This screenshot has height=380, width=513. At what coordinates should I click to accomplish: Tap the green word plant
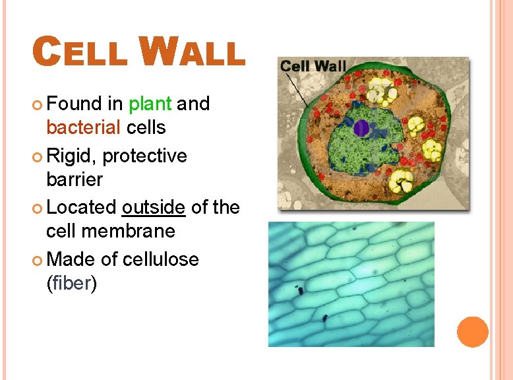tap(150, 104)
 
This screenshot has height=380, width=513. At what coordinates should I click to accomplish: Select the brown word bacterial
tap(83, 127)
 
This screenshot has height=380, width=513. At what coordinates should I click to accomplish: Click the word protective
tap(144, 156)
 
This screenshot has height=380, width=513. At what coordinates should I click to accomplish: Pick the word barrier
tap(75, 179)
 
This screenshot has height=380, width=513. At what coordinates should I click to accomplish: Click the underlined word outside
tap(154, 207)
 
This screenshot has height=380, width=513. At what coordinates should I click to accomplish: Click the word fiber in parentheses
tap(72, 284)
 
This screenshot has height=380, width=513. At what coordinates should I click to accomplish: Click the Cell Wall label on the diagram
tap(313, 67)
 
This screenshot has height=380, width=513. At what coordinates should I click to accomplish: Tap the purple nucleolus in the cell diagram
tap(361, 127)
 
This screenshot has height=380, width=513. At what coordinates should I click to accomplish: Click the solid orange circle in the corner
tap(472, 332)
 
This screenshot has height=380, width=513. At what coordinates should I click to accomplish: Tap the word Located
tap(82, 207)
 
